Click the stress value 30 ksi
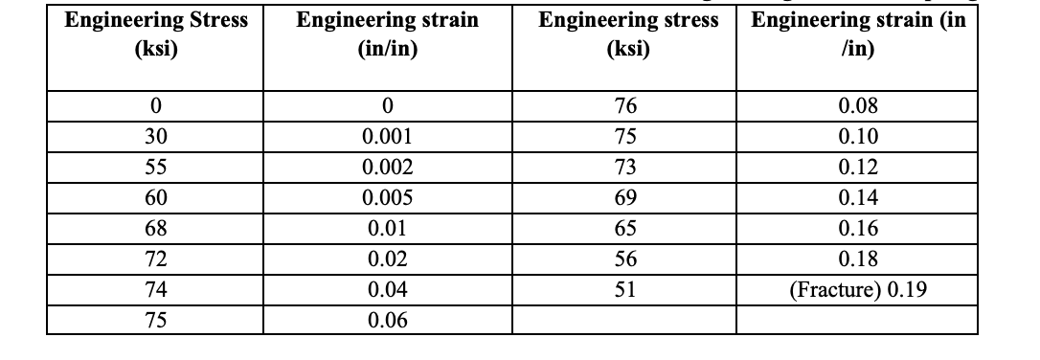(x=154, y=136)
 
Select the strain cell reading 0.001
(x=388, y=136)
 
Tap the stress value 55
(x=154, y=167)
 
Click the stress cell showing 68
(x=154, y=228)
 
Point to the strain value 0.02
(x=388, y=259)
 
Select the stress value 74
(x=154, y=289)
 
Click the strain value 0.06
(x=388, y=320)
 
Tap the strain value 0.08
(x=857, y=105)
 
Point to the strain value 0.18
(x=857, y=259)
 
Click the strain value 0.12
(x=857, y=167)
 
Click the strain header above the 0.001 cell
(x=388, y=34)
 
